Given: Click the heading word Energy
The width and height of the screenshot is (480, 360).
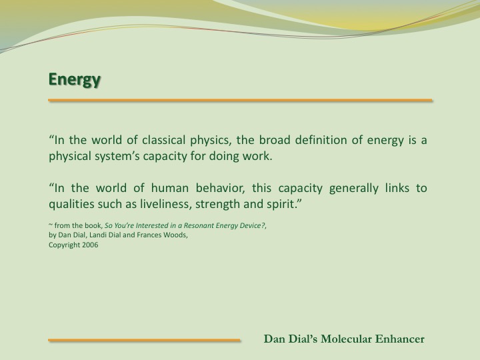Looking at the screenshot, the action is [x=75, y=80].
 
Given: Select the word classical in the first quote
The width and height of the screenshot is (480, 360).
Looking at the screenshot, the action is [x=163, y=140].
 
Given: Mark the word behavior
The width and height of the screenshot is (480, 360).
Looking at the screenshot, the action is [x=221, y=188].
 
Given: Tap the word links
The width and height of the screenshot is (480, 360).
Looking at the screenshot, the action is [x=397, y=188].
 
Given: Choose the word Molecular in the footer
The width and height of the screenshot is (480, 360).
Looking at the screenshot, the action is [x=346, y=339].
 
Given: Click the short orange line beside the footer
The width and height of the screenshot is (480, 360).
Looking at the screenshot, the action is [x=144, y=340].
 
